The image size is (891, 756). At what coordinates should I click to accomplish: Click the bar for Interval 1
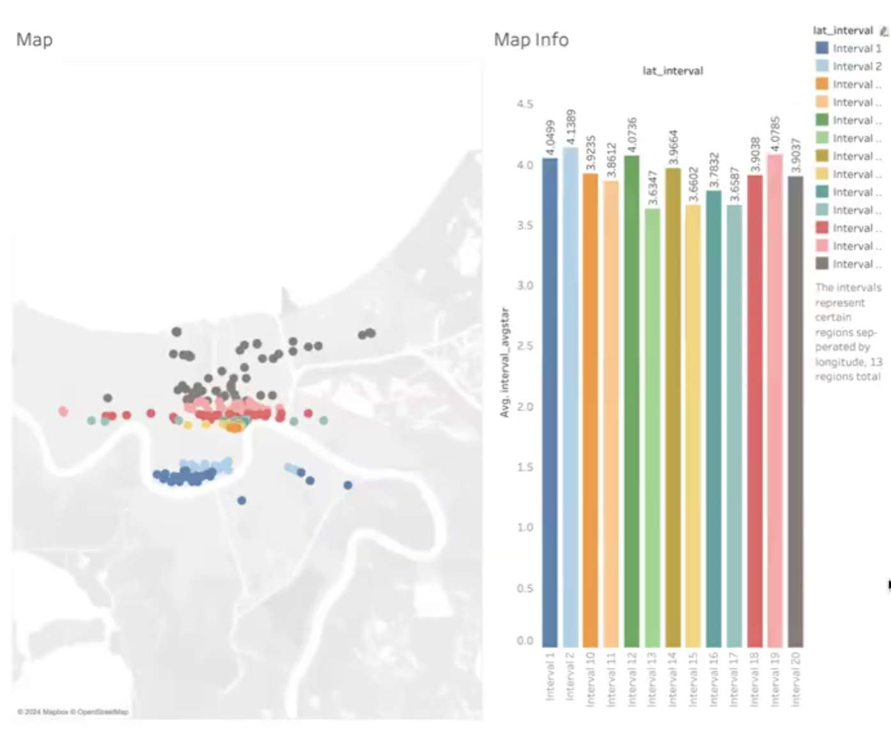[550, 402]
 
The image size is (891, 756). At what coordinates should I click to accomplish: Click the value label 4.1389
[571, 127]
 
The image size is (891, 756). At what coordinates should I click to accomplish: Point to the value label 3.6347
[653, 188]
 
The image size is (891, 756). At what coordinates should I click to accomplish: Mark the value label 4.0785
[775, 133]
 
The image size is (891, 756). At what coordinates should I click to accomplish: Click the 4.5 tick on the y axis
[525, 104]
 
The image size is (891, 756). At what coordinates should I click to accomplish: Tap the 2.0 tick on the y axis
[525, 407]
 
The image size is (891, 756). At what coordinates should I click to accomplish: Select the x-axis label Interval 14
[672, 678]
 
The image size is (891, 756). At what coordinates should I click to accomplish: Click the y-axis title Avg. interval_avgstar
[505, 363]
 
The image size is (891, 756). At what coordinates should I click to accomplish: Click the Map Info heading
[531, 40]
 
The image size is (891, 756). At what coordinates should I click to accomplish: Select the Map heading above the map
[35, 40]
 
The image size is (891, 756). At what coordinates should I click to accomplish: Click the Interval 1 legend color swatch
[822, 48]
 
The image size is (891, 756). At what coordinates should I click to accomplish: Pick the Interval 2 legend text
[856, 66]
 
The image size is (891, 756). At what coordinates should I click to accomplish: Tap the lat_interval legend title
[842, 31]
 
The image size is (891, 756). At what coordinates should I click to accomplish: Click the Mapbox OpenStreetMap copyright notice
[73, 711]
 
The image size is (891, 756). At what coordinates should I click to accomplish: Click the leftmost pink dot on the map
[63, 411]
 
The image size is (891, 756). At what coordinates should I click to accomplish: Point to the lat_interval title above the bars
[672, 71]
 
